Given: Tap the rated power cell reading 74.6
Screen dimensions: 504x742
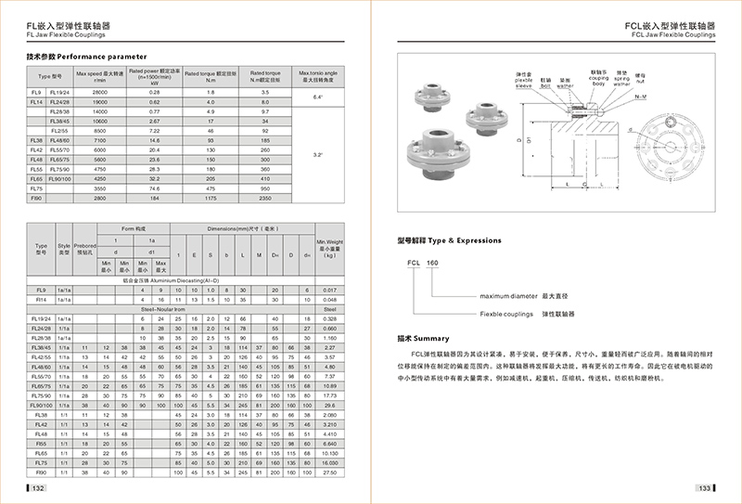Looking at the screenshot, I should pyautogui.click(x=155, y=187).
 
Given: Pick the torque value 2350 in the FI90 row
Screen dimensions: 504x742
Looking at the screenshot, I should pyautogui.click(x=265, y=198).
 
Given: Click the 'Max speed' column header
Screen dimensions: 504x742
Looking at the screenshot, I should pyautogui.click(x=99, y=75).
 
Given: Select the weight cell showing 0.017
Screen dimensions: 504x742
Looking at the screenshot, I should pyautogui.click(x=329, y=290).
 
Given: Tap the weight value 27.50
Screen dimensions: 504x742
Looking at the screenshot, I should pyautogui.click(x=329, y=473).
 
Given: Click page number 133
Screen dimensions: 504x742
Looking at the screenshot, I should pyautogui.click(x=704, y=487).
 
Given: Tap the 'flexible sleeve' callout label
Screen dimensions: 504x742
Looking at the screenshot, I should pyautogui.click(x=524, y=77).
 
